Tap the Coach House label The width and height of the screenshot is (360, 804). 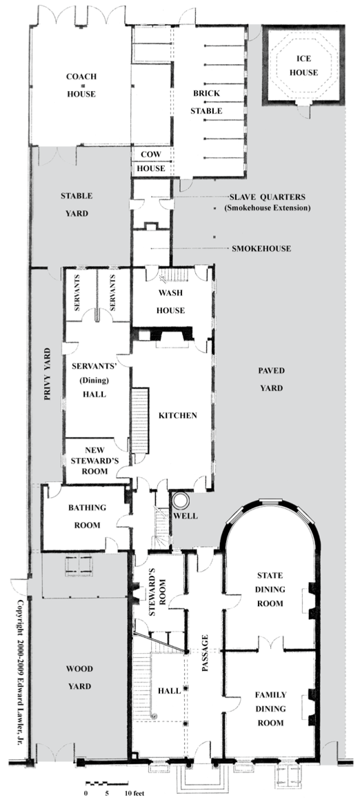point(81,85)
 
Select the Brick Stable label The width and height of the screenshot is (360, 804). point(207,102)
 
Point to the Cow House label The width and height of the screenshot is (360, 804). point(150,160)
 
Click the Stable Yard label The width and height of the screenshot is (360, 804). point(77,205)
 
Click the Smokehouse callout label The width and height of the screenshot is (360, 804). point(261,249)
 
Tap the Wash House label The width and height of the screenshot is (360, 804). point(171,301)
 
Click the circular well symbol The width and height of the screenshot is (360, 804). point(179,501)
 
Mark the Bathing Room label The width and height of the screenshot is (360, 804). point(87,516)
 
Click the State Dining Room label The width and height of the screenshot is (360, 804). point(270,590)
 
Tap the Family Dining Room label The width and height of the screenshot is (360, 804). point(270,709)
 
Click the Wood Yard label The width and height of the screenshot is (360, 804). point(79,677)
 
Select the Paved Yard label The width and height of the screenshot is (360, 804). point(271,379)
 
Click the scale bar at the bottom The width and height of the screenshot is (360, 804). point(107,784)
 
